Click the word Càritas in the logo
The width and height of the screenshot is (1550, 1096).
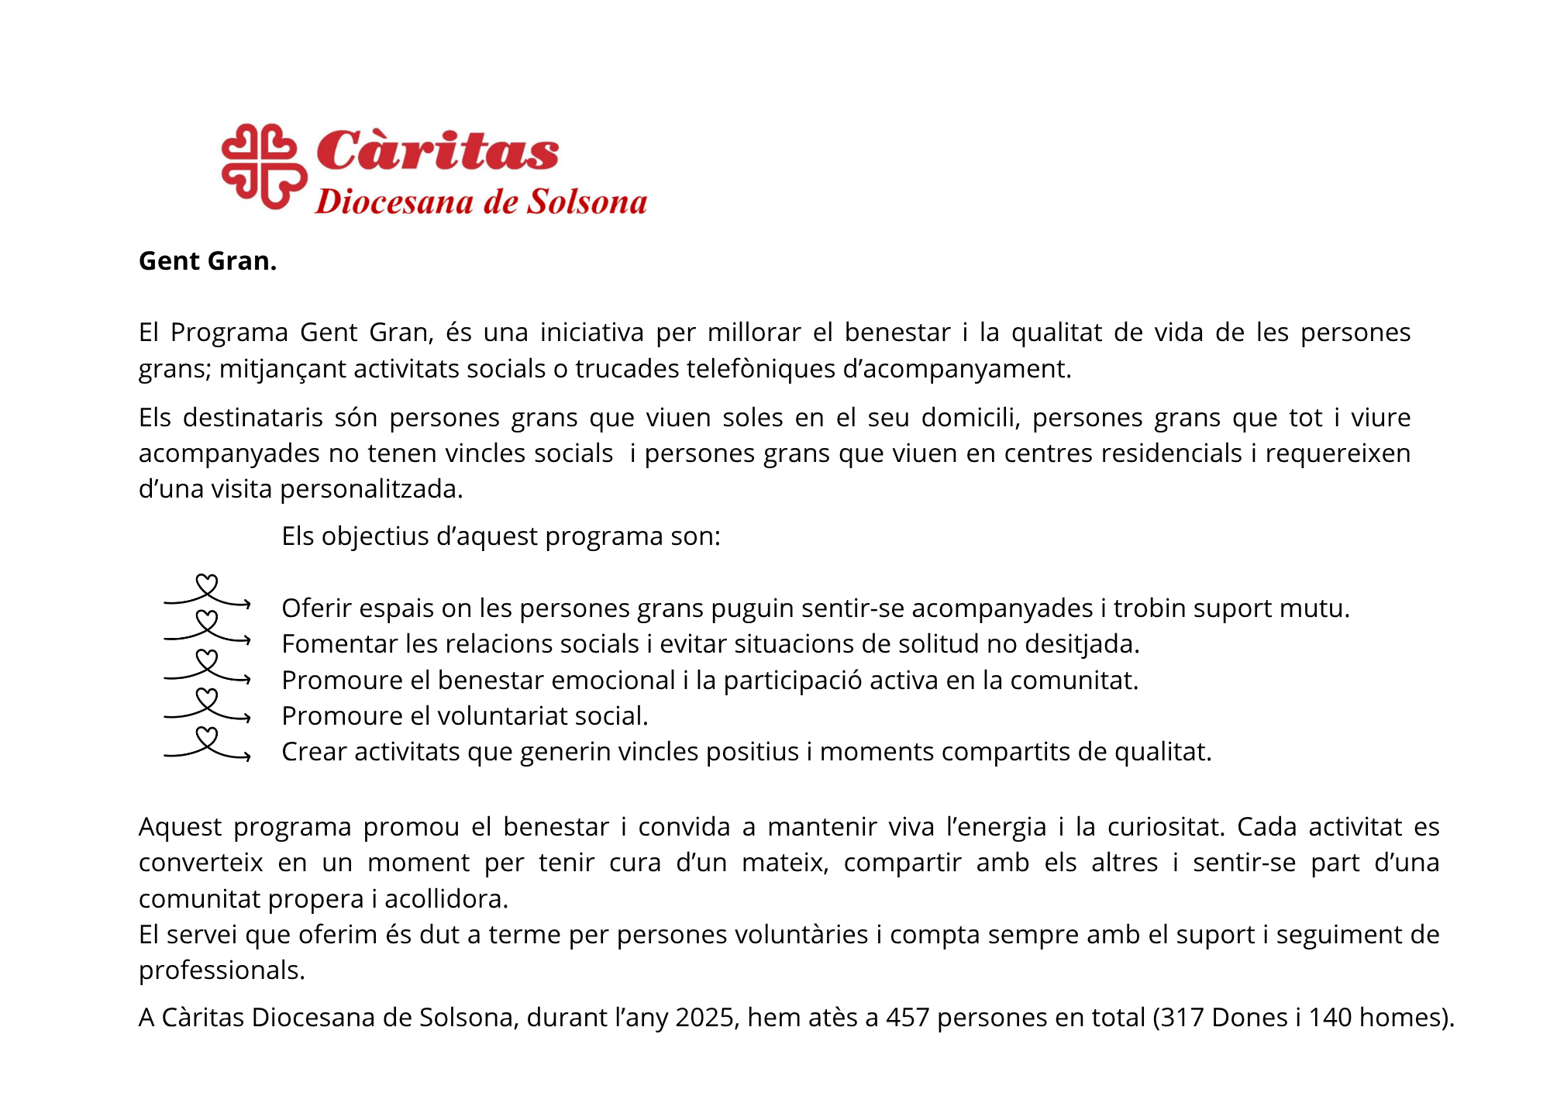coord(438,150)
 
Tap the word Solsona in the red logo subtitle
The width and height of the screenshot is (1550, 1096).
coord(587,202)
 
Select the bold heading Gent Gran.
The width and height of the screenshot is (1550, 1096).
coord(207,261)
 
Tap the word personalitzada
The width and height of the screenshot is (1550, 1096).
coord(371,489)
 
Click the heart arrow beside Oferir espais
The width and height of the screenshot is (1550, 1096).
coord(207,593)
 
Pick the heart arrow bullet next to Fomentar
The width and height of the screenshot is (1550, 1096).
coord(207,629)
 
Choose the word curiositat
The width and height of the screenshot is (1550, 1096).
coord(1166,827)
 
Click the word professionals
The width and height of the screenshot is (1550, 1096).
coord(222,970)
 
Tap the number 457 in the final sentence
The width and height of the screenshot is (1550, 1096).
coord(907,1018)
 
